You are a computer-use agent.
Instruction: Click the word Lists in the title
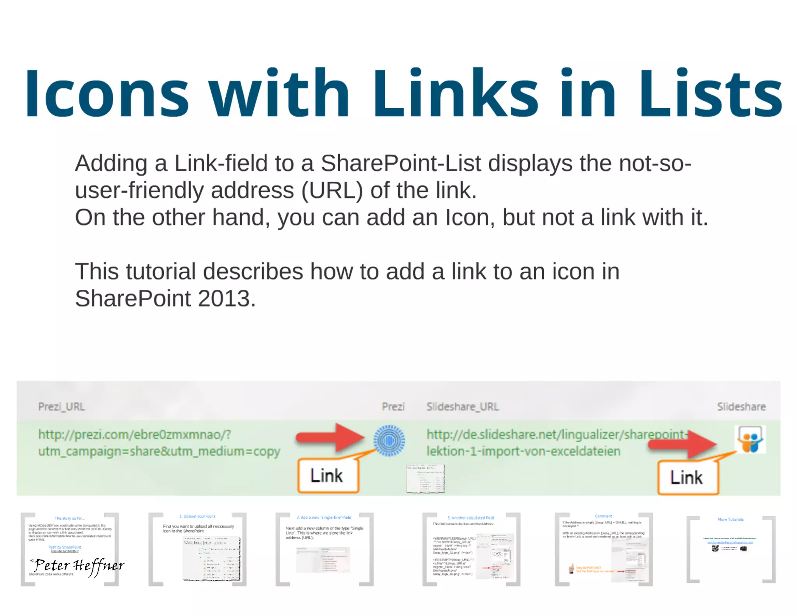(x=711, y=93)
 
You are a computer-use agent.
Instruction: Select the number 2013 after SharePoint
(x=226, y=299)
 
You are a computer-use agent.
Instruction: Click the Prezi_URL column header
(x=61, y=407)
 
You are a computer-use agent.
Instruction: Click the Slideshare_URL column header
(x=462, y=407)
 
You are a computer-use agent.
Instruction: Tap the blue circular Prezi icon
(x=389, y=441)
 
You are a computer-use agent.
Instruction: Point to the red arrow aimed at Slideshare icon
(x=683, y=444)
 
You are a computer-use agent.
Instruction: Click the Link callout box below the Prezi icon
(x=328, y=476)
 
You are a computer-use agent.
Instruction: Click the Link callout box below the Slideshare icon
(x=687, y=478)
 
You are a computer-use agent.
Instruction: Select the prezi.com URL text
(x=159, y=443)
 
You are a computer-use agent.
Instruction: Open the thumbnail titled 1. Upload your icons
(x=198, y=549)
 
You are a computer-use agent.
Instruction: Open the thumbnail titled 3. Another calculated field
(x=471, y=549)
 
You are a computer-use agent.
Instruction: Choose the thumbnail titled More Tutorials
(x=731, y=549)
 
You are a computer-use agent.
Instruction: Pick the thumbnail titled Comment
(x=604, y=549)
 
